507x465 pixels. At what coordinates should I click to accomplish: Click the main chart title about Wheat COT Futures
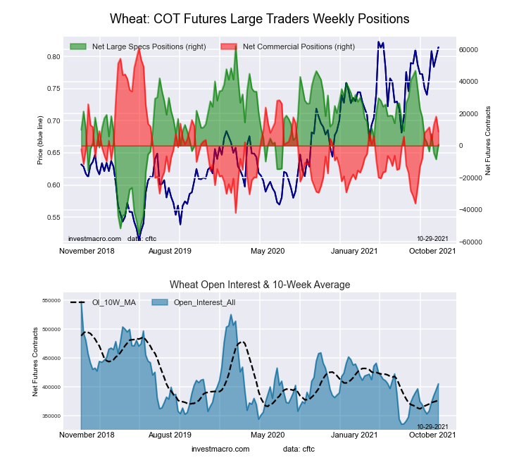tap(260, 18)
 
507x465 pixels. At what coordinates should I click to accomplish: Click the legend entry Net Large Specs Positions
tap(149, 46)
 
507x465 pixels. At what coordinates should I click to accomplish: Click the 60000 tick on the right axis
tap(470, 50)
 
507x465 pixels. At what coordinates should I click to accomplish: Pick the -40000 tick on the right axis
tap(470, 210)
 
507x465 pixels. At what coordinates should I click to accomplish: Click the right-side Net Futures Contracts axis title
tap(488, 140)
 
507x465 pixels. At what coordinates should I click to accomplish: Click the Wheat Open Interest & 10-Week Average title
tap(260, 285)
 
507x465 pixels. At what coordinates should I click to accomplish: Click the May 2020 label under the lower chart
tap(268, 435)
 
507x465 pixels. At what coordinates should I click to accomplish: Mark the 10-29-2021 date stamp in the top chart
tap(432, 239)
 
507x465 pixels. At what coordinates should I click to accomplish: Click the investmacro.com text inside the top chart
tap(94, 239)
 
